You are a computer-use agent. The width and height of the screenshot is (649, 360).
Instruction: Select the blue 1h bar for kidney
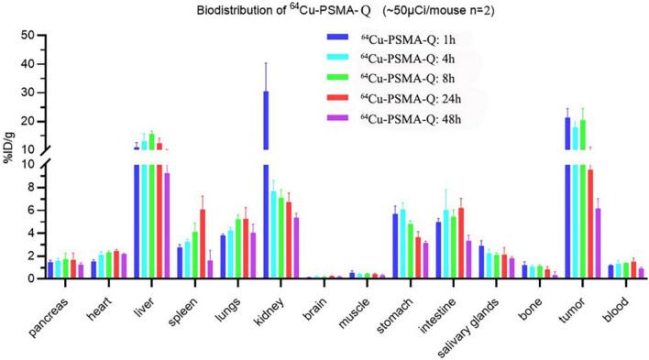[x=267, y=183]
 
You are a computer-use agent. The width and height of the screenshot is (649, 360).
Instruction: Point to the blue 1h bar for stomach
[x=395, y=245]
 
